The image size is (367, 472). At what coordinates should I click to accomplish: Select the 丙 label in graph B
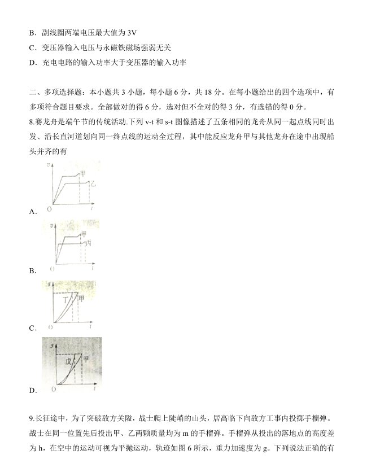(88, 243)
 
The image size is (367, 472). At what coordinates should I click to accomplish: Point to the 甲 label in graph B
(84, 234)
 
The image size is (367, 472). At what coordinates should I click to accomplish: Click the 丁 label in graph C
(65, 300)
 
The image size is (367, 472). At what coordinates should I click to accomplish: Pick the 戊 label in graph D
(69, 361)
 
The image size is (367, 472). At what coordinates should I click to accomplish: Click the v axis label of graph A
(50, 165)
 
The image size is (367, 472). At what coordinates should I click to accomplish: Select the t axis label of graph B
(92, 265)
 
